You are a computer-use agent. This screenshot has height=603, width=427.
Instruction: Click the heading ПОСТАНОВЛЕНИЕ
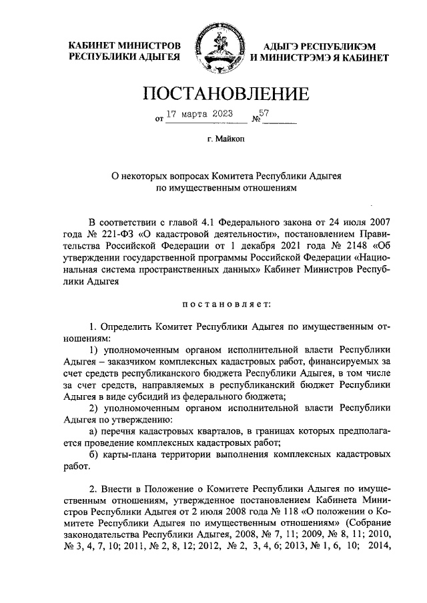tap(213, 91)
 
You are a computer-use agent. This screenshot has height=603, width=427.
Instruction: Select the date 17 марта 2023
tap(199, 114)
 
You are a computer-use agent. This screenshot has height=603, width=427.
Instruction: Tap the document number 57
tap(264, 113)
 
